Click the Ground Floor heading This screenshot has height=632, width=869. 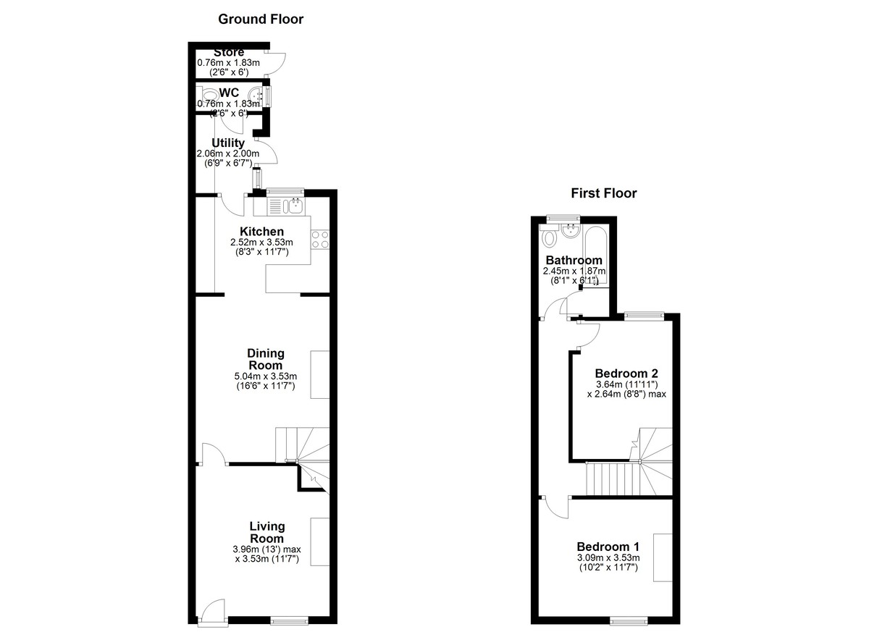(261, 19)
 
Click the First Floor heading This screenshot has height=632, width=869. (604, 193)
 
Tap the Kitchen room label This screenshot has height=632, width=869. (262, 232)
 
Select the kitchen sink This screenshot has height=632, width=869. (295, 206)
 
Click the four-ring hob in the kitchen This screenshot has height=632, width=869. (320, 239)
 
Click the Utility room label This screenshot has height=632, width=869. (228, 143)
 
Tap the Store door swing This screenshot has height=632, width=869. (276, 63)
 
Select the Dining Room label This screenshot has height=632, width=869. (266, 359)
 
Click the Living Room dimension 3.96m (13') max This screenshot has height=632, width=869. (267, 549)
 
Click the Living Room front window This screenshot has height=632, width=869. (290, 622)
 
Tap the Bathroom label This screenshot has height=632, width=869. (574, 260)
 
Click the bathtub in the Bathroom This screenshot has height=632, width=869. (595, 256)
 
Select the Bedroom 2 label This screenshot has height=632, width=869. (626, 374)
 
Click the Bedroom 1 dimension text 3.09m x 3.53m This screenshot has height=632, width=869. (608, 558)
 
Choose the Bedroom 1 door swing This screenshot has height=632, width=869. (555, 507)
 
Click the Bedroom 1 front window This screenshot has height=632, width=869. (629, 622)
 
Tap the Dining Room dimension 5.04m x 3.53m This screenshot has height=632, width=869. (266, 376)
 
